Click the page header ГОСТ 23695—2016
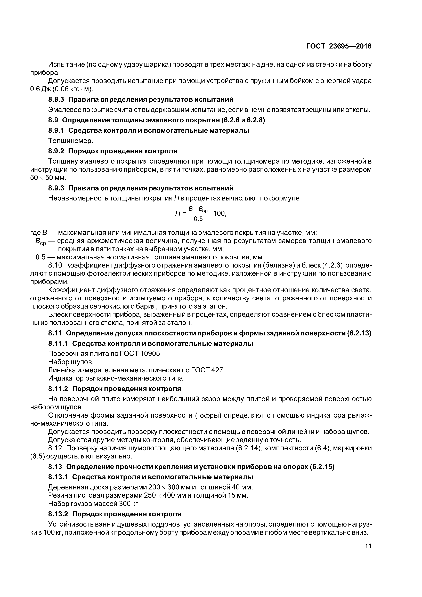pos(339,46)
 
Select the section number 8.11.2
pos(58,389)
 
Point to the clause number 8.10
pos(55,265)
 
